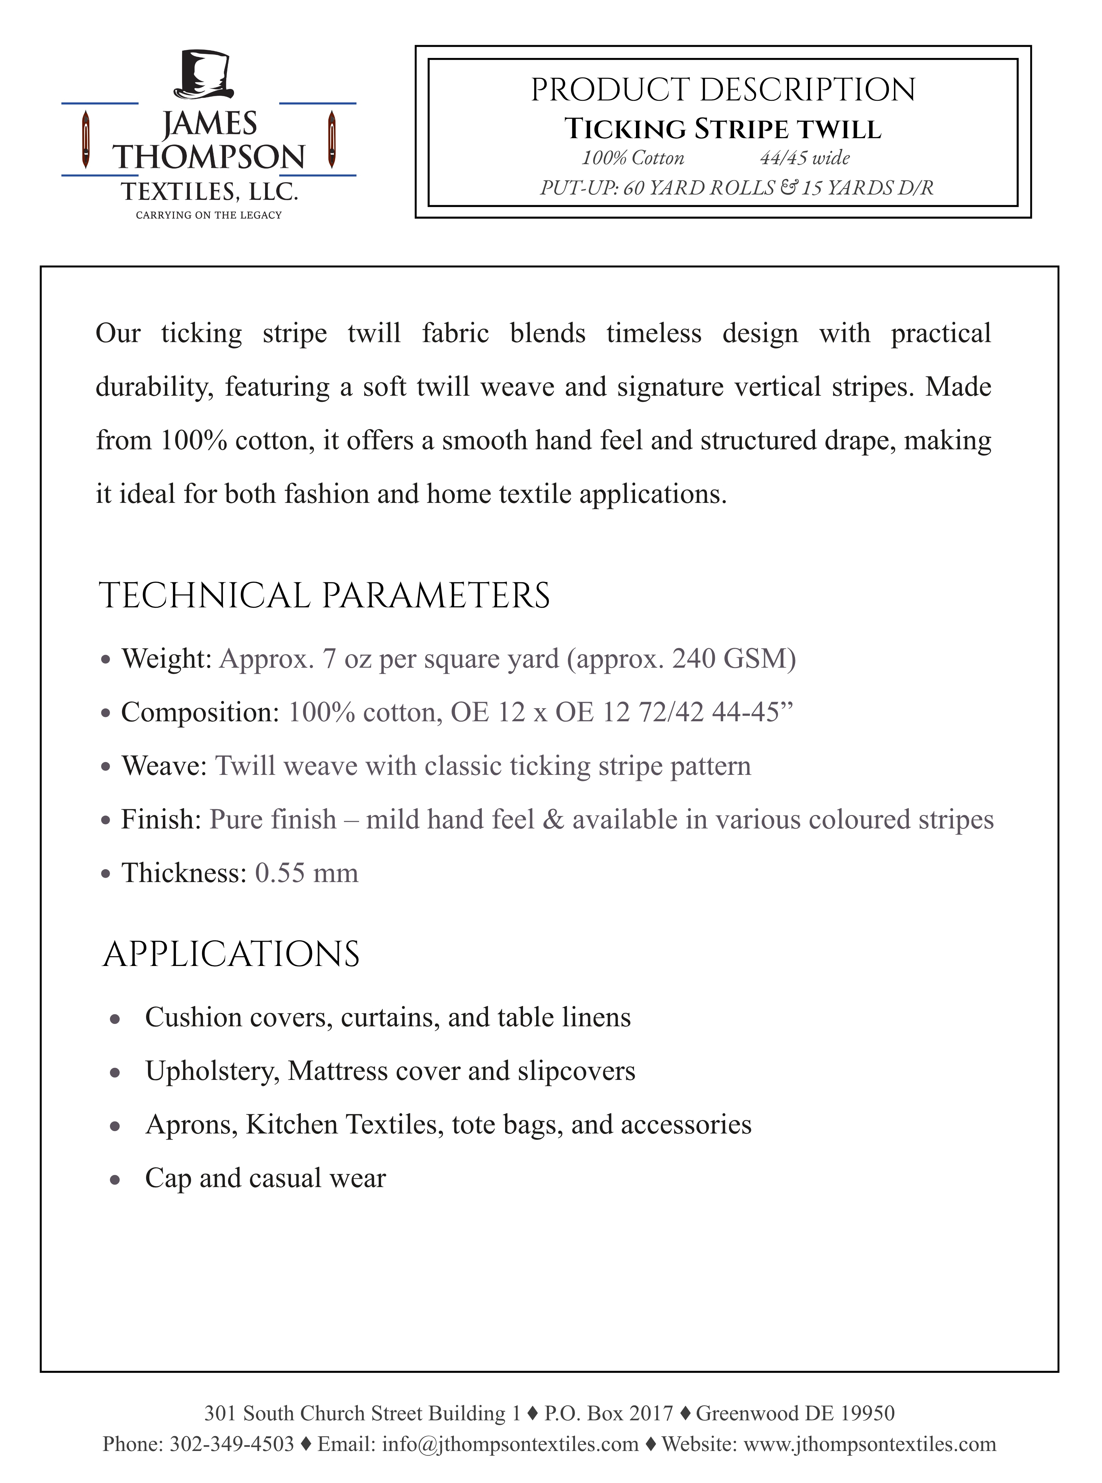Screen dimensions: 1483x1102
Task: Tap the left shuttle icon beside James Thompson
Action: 85,140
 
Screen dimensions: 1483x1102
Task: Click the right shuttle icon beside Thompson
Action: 331,140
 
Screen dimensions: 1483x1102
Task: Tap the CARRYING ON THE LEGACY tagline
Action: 209,215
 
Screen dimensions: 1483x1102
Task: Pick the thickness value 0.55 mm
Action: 306,873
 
